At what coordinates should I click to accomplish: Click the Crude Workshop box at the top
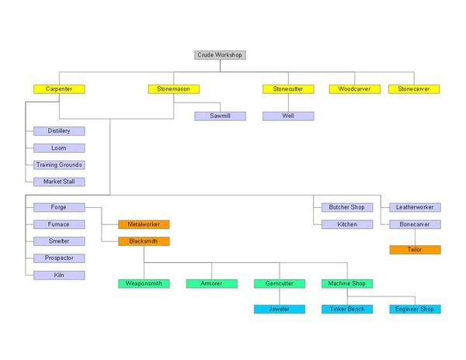[x=220, y=55]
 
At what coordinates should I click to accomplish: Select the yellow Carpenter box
[x=59, y=89]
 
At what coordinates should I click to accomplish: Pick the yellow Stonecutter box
[x=288, y=89]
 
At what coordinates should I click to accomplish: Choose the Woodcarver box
[x=354, y=89]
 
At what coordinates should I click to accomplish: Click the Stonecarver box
[x=414, y=89]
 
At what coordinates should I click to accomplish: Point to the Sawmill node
[x=220, y=116]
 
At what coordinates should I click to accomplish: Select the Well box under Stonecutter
[x=288, y=116]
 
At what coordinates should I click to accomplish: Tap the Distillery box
[x=59, y=131]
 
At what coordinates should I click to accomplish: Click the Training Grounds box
[x=59, y=164]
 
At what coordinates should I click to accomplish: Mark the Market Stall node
[x=59, y=182]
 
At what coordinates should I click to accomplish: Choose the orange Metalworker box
[x=144, y=224]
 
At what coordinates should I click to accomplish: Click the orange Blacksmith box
[x=144, y=241]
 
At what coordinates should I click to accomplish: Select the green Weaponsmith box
[x=144, y=284]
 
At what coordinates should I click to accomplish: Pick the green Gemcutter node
[x=279, y=284]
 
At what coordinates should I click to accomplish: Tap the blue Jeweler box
[x=279, y=309]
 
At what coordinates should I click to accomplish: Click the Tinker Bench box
[x=347, y=309]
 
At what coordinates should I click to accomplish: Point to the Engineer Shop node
[x=414, y=309]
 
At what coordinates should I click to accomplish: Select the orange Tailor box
[x=414, y=250]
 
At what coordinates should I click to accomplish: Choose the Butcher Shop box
[x=347, y=207]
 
